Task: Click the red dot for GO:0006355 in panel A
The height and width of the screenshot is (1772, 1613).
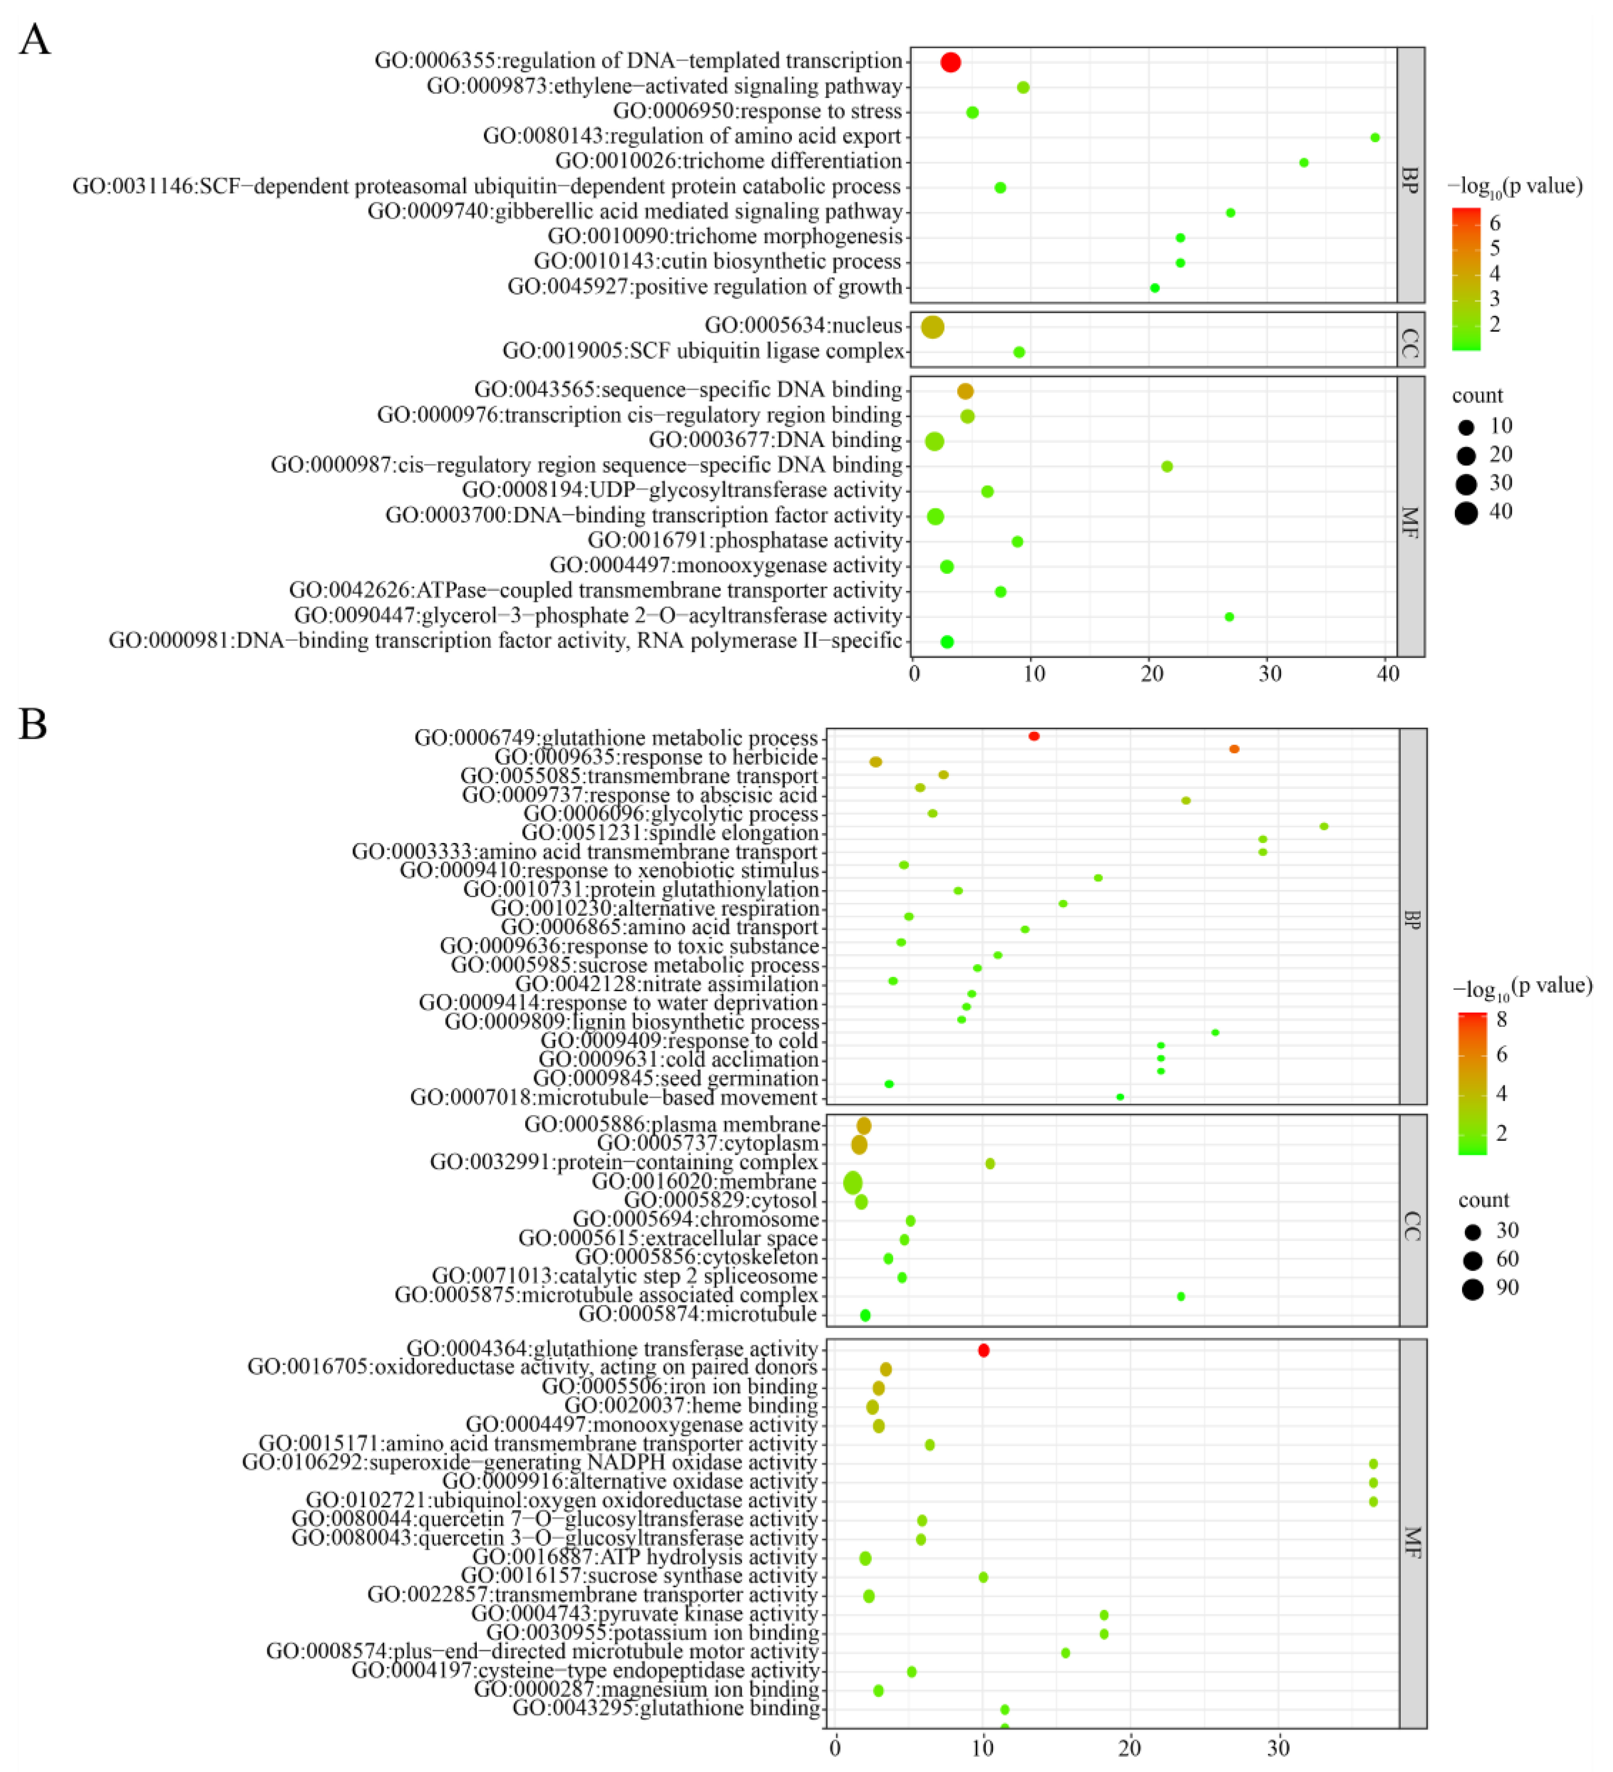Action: [950, 62]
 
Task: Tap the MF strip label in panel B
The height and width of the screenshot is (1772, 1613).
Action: [1412, 1543]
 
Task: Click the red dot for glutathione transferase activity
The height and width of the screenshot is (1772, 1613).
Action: [984, 1350]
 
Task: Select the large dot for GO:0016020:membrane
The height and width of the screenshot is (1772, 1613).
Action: [853, 1183]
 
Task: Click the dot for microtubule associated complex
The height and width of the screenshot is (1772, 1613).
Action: [1180, 1296]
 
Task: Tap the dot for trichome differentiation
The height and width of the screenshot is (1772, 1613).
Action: [1303, 163]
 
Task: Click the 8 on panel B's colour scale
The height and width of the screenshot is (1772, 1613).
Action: [1501, 1020]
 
